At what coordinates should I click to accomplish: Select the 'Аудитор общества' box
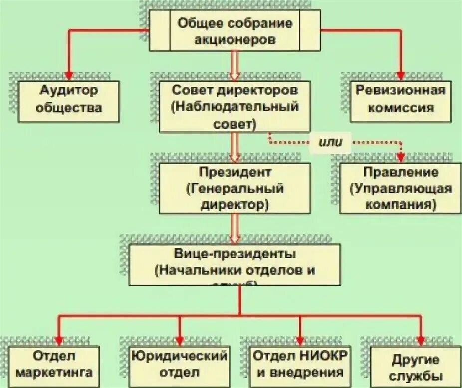click(x=69, y=101)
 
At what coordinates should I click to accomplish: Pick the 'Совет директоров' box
click(x=235, y=107)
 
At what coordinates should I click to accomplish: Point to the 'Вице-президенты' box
click(x=235, y=264)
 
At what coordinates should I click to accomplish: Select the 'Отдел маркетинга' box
click(x=55, y=365)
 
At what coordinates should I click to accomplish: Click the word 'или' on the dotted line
click(x=331, y=142)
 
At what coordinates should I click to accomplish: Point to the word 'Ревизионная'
click(x=400, y=91)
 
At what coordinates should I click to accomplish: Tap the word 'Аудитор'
click(x=69, y=91)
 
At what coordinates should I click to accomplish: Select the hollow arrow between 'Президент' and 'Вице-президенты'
click(x=235, y=230)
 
